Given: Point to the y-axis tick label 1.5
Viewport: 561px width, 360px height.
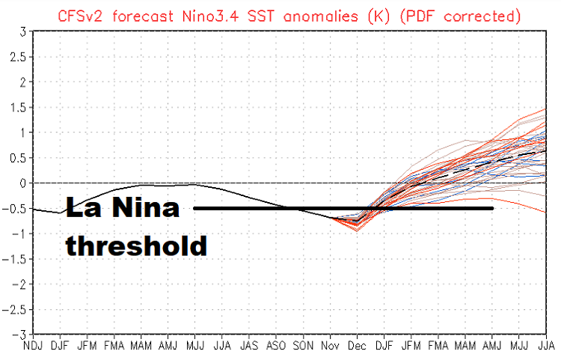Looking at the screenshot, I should tap(19, 107).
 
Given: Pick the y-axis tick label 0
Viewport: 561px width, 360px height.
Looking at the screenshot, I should tap(24, 183).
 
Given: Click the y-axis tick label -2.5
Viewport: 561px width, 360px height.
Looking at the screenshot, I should tap(16, 309).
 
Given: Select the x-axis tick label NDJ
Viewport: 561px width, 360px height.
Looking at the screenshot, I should tap(34, 347).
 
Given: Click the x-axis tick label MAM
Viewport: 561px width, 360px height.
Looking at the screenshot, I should tap(141, 347).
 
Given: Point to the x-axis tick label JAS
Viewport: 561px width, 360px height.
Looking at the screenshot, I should tap(249, 347).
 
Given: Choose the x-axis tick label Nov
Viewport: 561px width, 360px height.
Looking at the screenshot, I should tap(330, 347).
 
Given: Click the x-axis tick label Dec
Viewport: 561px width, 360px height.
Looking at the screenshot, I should tap(357, 347).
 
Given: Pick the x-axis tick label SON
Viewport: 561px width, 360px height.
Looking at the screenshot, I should tap(303, 347).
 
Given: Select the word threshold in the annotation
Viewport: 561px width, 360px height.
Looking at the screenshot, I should tap(136, 245).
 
